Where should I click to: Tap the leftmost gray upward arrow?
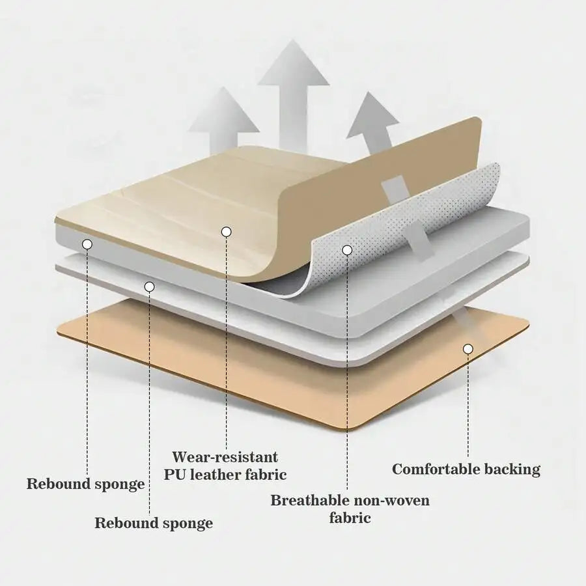pos(223,120)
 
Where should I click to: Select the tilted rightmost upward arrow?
pos(374,123)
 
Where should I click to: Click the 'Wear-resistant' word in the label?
pos(225,457)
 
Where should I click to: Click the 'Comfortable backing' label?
pos(466,469)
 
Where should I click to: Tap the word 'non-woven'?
pos(392,500)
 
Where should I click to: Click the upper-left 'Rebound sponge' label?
pos(85,484)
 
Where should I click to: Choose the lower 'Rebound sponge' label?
pos(154,523)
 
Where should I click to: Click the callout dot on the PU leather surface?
pos(226,232)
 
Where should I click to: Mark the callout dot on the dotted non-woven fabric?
pos(347,250)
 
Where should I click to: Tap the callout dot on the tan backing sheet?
pos(468,349)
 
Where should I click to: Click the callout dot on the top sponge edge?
pos(87,244)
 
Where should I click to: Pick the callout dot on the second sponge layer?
pos(150,286)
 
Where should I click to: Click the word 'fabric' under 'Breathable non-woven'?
pos(350,518)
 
